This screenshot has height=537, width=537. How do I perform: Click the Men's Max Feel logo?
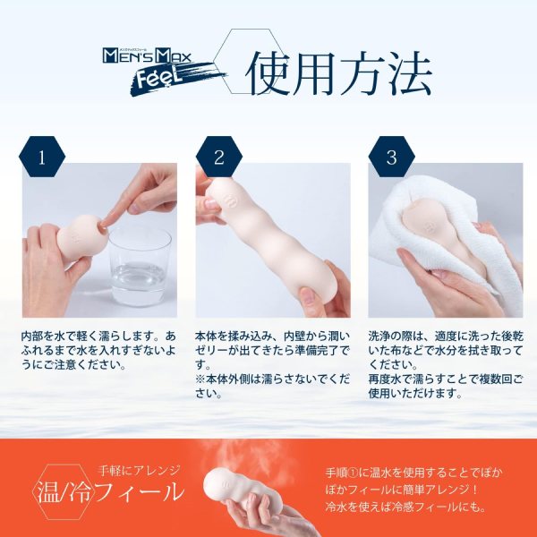[x=165, y=72]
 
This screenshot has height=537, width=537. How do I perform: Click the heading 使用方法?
[x=339, y=73]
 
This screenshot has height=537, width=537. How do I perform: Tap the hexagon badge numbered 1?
[x=42, y=157]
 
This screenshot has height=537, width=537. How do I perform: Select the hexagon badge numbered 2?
[x=219, y=157]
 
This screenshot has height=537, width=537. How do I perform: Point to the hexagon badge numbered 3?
[x=391, y=157]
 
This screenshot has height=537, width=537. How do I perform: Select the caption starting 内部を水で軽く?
[x=98, y=350]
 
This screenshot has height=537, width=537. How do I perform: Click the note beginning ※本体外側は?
[x=273, y=386]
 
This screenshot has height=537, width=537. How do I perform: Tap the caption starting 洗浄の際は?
[x=446, y=350]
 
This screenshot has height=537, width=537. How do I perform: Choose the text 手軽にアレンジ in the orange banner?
[x=139, y=471]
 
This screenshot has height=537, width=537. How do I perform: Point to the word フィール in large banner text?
[x=141, y=492]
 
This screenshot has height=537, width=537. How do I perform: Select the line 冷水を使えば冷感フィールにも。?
[x=405, y=507]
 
